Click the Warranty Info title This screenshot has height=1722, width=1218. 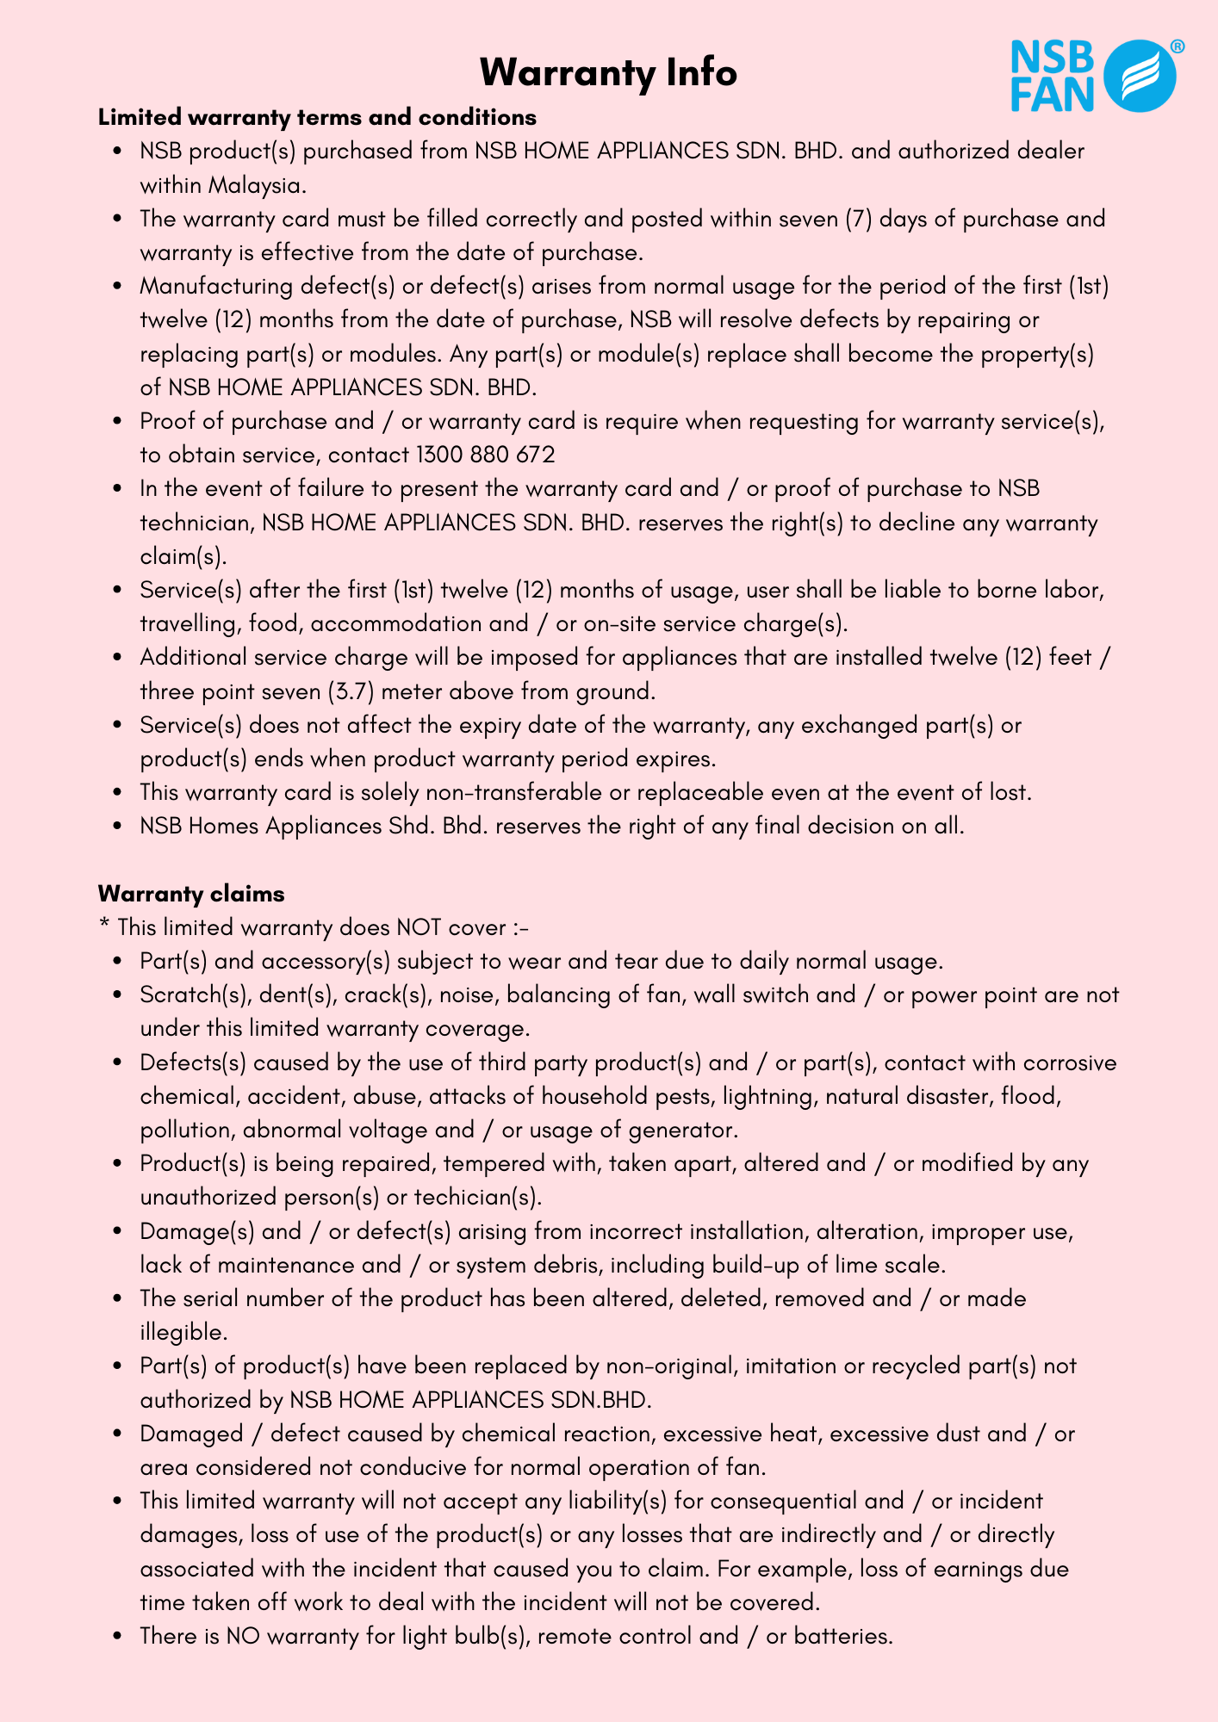click(x=608, y=72)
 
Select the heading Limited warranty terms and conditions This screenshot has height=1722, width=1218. click(x=317, y=117)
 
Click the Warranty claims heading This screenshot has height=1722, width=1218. click(x=191, y=894)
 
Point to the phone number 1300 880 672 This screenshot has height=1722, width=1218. click(x=485, y=455)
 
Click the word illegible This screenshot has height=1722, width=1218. click(x=183, y=1332)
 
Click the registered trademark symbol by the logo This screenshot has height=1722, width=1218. click(x=1177, y=46)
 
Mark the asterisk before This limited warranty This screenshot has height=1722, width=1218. click(x=104, y=926)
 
